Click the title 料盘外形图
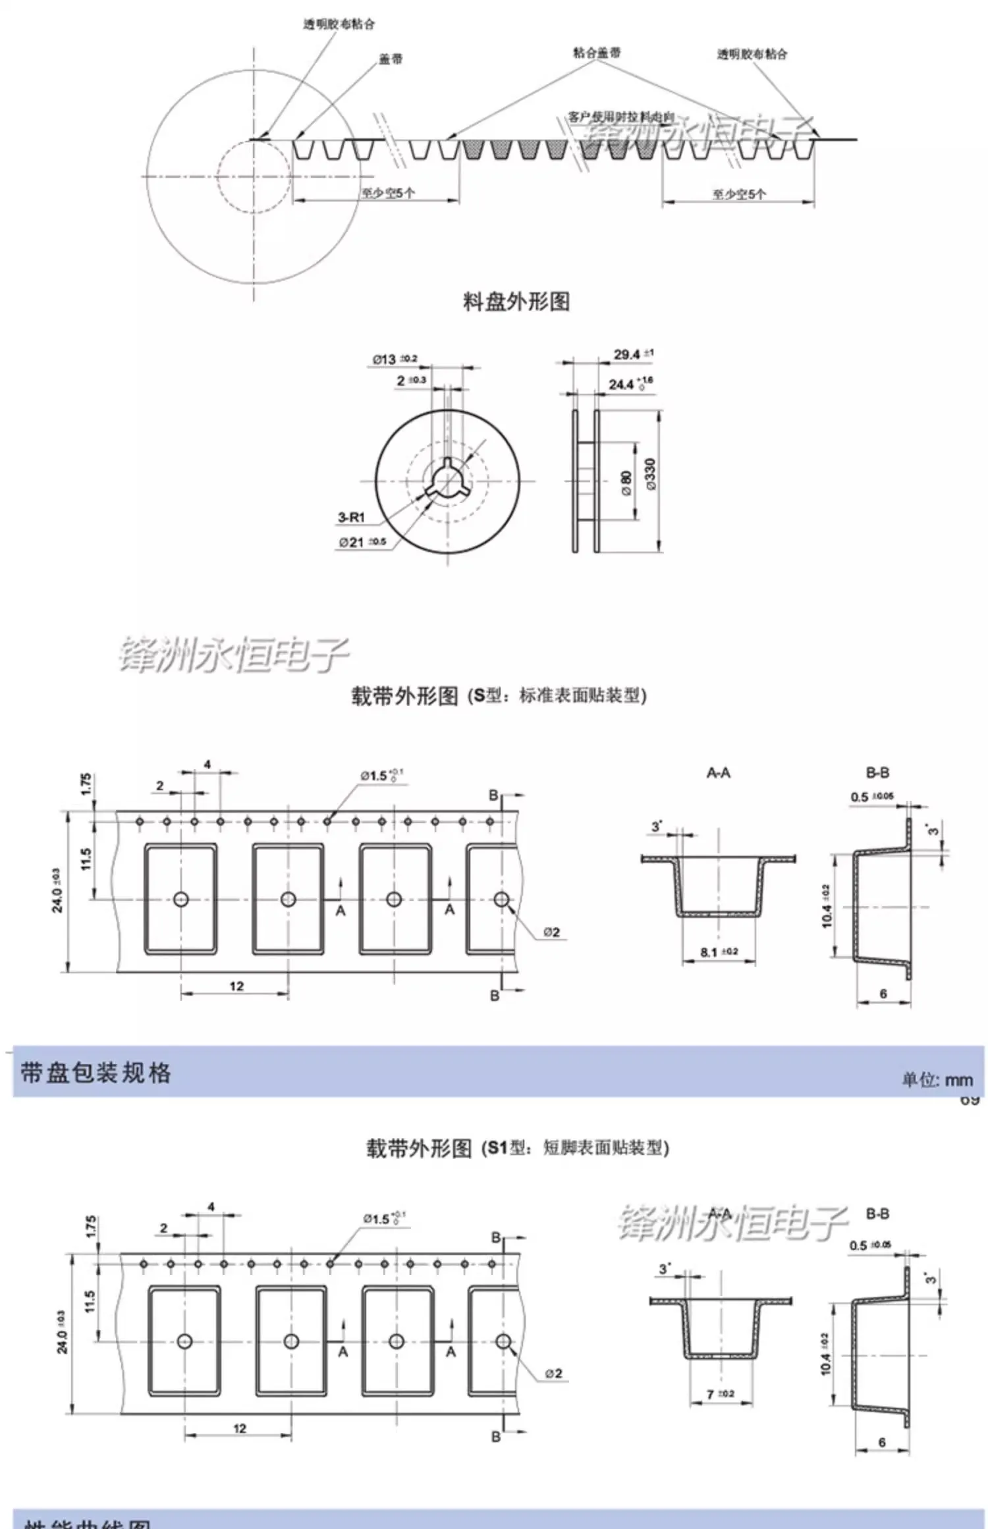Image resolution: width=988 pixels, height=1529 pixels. click(516, 302)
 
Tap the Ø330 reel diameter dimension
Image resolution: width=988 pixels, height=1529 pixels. click(651, 474)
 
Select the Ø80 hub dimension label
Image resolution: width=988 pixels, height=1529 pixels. click(626, 479)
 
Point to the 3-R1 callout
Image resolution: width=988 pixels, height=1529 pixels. click(351, 518)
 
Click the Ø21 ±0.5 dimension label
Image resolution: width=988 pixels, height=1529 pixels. click(362, 543)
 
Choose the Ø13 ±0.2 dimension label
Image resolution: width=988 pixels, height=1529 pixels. click(395, 360)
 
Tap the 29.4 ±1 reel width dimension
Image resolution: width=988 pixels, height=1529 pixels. click(633, 354)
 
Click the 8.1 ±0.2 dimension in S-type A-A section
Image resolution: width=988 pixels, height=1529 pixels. click(719, 952)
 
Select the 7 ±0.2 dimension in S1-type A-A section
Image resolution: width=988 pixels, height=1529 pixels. click(720, 1393)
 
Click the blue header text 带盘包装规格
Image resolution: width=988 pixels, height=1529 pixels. click(96, 1073)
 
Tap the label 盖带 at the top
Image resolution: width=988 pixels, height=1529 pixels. click(390, 59)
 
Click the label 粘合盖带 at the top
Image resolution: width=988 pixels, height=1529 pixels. click(596, 53)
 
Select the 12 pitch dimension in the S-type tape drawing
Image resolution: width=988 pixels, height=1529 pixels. click(236, 986)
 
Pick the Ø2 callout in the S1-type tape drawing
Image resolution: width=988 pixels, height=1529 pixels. click(553, 1373)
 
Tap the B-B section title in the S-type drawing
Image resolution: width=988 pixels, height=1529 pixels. click(877, 773)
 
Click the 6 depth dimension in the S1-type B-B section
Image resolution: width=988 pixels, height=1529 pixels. click(882, 1442)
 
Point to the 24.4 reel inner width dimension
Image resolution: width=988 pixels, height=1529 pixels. click(630, 383)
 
